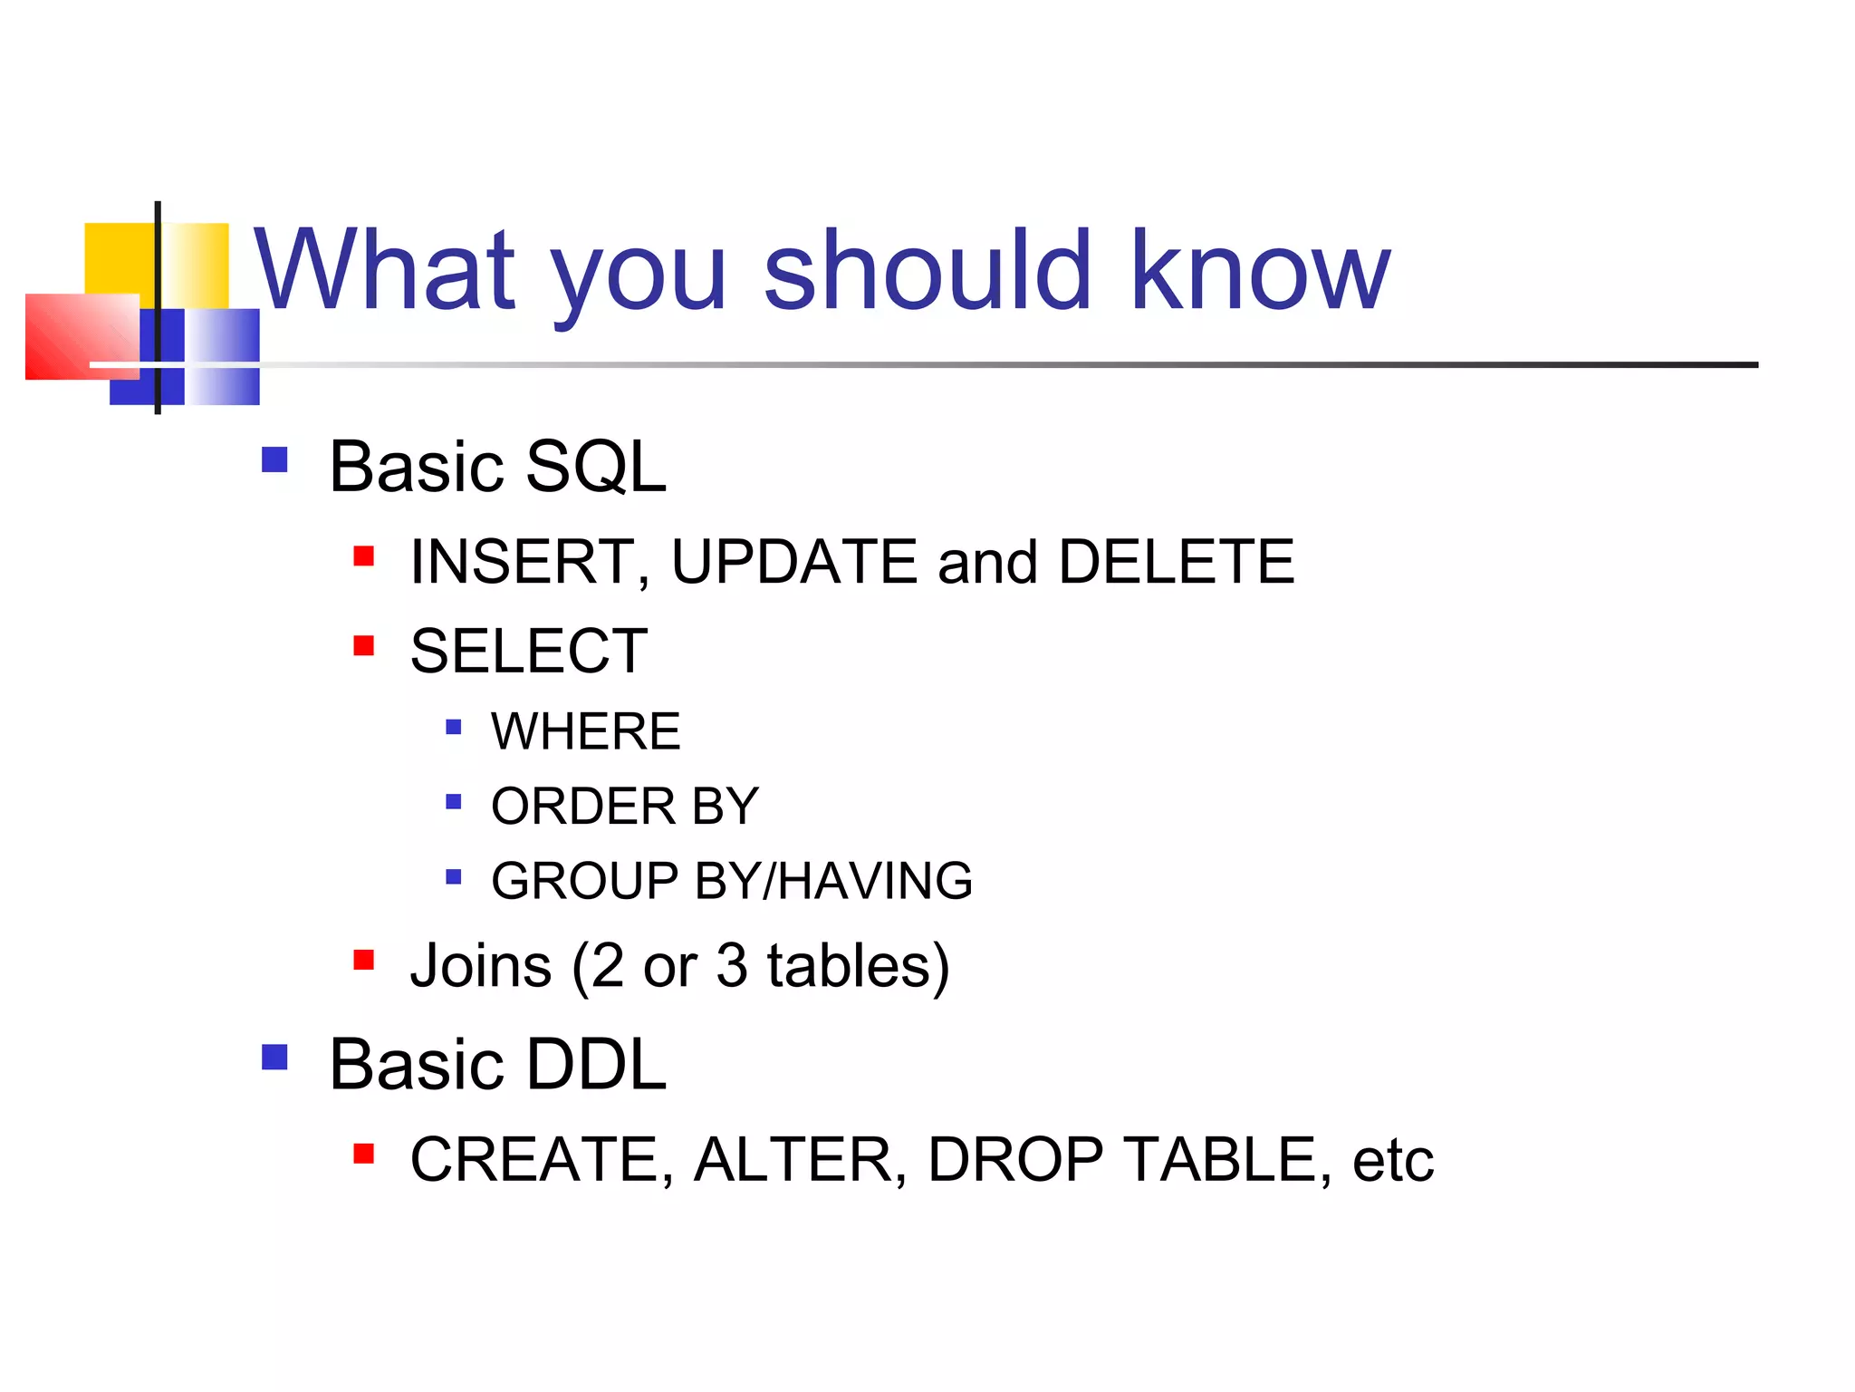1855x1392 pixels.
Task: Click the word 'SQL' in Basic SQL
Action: coord(595,467)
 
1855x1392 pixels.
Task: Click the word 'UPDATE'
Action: coord(793,562)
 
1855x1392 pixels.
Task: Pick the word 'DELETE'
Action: coord(1176,562)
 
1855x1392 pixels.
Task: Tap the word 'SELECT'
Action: coord(529,651)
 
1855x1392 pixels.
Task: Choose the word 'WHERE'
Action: coord(585,731)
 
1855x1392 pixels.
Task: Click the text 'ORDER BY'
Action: coord(624,806)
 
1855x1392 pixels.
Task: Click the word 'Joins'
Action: coord(481,966)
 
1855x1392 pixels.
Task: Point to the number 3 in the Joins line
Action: coord(732,966)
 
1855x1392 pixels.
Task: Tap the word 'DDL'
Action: coord(595,1064)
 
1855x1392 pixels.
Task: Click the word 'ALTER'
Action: coord(793,1160)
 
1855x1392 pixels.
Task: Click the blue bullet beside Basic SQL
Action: coord(274,459)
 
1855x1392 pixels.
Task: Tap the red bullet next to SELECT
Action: coord(364,645)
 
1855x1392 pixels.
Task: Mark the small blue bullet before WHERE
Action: coord(454,727)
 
